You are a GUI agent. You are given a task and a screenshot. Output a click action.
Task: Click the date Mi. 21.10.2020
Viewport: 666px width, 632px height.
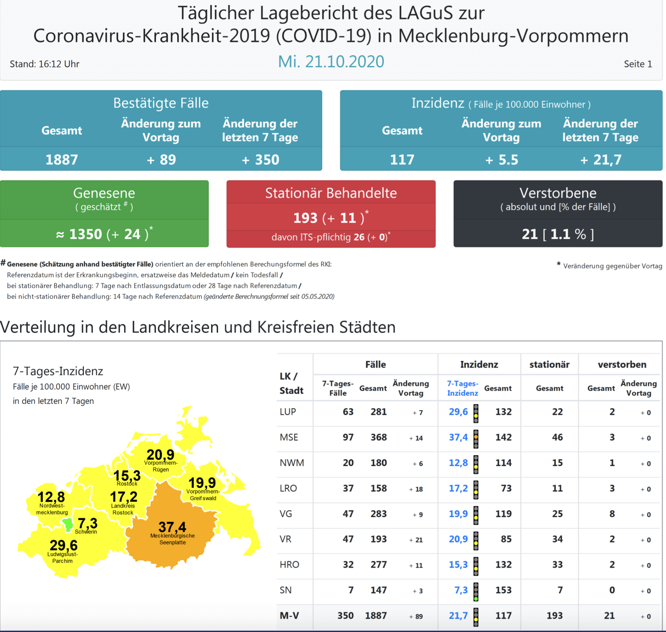click(x=331, y=62)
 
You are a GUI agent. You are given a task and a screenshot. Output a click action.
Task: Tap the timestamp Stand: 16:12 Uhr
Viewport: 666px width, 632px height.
click(x=44, y=64)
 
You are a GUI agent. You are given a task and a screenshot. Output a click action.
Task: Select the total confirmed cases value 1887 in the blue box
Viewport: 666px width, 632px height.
click(x=62, y=160)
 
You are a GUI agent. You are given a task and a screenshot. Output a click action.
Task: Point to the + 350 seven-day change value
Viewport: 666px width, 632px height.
click(x=261, y=160)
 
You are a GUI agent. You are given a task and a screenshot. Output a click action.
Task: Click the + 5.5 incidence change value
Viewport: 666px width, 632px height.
click(x=502, y=160)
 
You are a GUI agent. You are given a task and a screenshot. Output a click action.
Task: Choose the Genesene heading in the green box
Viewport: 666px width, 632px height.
click(x=104, y=193)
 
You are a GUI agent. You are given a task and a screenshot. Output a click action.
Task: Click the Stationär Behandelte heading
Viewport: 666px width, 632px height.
click(x=331, y=193)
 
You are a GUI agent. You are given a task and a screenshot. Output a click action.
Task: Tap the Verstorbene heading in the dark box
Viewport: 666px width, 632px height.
click(x=558, y=193)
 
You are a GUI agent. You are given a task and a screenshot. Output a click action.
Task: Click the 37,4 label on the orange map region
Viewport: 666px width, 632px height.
click(x=172, y=527)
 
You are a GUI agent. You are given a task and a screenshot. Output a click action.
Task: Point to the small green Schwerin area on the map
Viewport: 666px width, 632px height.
click(x=67, y=524)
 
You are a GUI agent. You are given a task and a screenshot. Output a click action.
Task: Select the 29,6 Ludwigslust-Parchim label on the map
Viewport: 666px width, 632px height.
click(x=63, y=545)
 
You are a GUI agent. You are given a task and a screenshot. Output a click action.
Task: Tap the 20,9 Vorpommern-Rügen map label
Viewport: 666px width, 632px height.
click(x=160, y=455)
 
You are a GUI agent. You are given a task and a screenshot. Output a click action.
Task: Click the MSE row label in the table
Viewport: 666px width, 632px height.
click(x=289, y=438)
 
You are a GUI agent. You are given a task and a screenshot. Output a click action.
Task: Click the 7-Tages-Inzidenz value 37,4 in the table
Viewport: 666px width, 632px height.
click(x=458, y=438)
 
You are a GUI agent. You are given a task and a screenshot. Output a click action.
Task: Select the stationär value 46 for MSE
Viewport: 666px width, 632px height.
click(x=557, y=438)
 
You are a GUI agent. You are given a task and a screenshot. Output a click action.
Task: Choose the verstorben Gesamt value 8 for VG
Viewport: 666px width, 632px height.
click(x=612, y=514)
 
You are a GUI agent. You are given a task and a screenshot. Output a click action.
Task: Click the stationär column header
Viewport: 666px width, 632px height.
click(x=549, y=365)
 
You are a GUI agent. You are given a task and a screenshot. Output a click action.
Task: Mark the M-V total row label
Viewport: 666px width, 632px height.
click(x=289, y=616)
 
